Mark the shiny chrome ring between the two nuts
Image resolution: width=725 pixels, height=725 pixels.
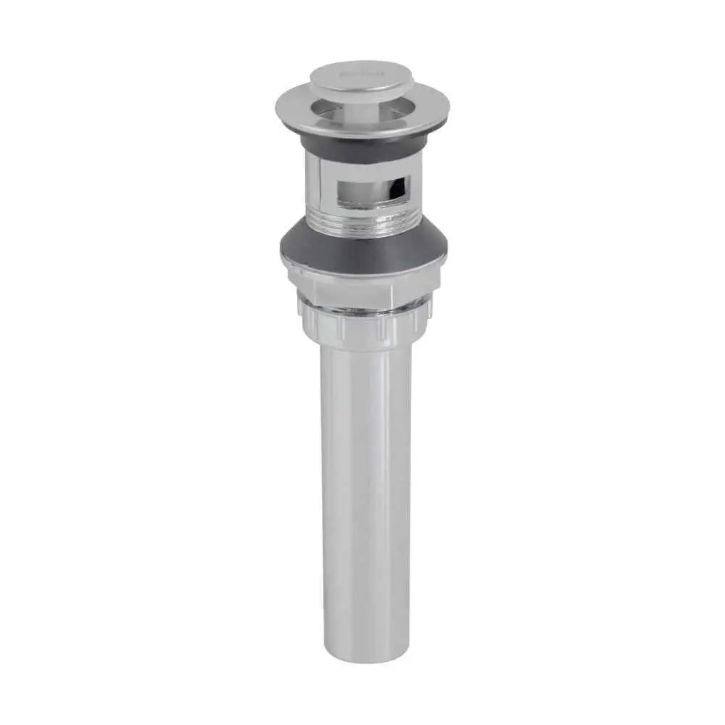(x=362, y=309)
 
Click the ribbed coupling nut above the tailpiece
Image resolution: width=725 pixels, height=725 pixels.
(x=362, y=326)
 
